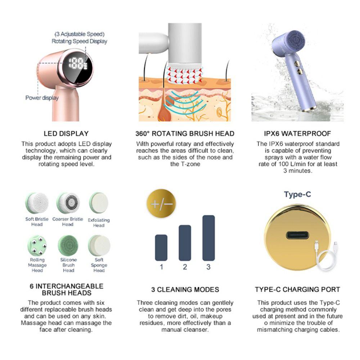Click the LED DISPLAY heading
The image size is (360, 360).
[x=66, y=134]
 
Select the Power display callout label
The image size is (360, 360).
[x=42, y=98]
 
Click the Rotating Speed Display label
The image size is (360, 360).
[x=79, y=41]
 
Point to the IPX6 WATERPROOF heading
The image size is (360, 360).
[x=298, y=134]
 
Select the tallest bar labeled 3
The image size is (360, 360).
[x=208, y=238]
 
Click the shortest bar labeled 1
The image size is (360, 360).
[x=161, y=247]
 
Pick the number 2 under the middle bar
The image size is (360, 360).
[x=185, y=267]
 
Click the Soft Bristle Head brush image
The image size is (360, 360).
[x=37, y=203]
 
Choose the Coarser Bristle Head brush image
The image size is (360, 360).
[x=68, y=203]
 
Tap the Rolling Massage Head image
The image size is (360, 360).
[x=37, y=245]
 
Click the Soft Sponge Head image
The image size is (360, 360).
[x=99, y=245]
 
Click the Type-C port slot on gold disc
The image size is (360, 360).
[x=297, y=235]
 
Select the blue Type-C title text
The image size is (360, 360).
[x=297, y=194]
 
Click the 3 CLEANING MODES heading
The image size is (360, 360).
[x=185, y=289]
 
